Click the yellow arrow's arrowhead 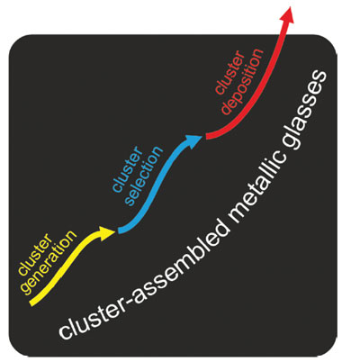(106, 232)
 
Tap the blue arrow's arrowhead (193, 140)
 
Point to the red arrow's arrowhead (287, 14)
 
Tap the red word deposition (242, 81)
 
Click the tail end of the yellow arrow (33, 303)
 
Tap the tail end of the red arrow (208, 137)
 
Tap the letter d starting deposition (227, 109)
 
